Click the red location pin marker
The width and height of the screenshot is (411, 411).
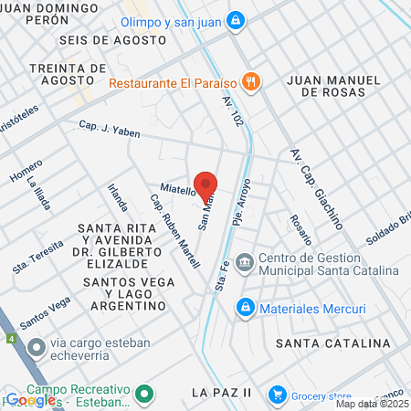tap(205, 184)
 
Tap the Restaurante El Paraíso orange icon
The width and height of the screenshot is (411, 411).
tap(253, 82)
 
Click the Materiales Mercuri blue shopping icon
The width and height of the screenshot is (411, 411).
tap(245, 309)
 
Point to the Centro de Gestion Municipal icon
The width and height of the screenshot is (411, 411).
tap(244, 264)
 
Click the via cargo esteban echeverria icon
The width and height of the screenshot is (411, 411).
tap(36, 346)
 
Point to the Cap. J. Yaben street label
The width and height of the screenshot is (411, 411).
tap(110, 130)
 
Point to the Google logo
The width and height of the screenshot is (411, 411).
tap(30, 399)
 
